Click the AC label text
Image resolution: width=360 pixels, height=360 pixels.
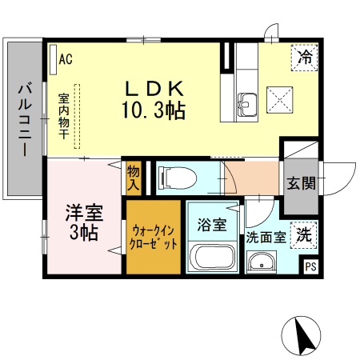coord(66,58)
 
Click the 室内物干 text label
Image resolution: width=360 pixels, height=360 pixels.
coord(63,117)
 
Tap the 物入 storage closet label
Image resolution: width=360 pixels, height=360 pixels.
coord(133,178)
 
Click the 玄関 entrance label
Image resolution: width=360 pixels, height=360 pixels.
coord(302,182)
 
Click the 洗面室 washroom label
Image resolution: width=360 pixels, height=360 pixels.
coord(266,237)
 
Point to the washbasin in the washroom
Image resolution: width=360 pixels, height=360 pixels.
coord(261,263)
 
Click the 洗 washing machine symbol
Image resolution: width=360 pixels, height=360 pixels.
coord(304,235)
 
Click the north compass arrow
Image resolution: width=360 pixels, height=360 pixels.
coord(302,336)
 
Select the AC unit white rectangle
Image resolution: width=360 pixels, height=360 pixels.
coord(52,58)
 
